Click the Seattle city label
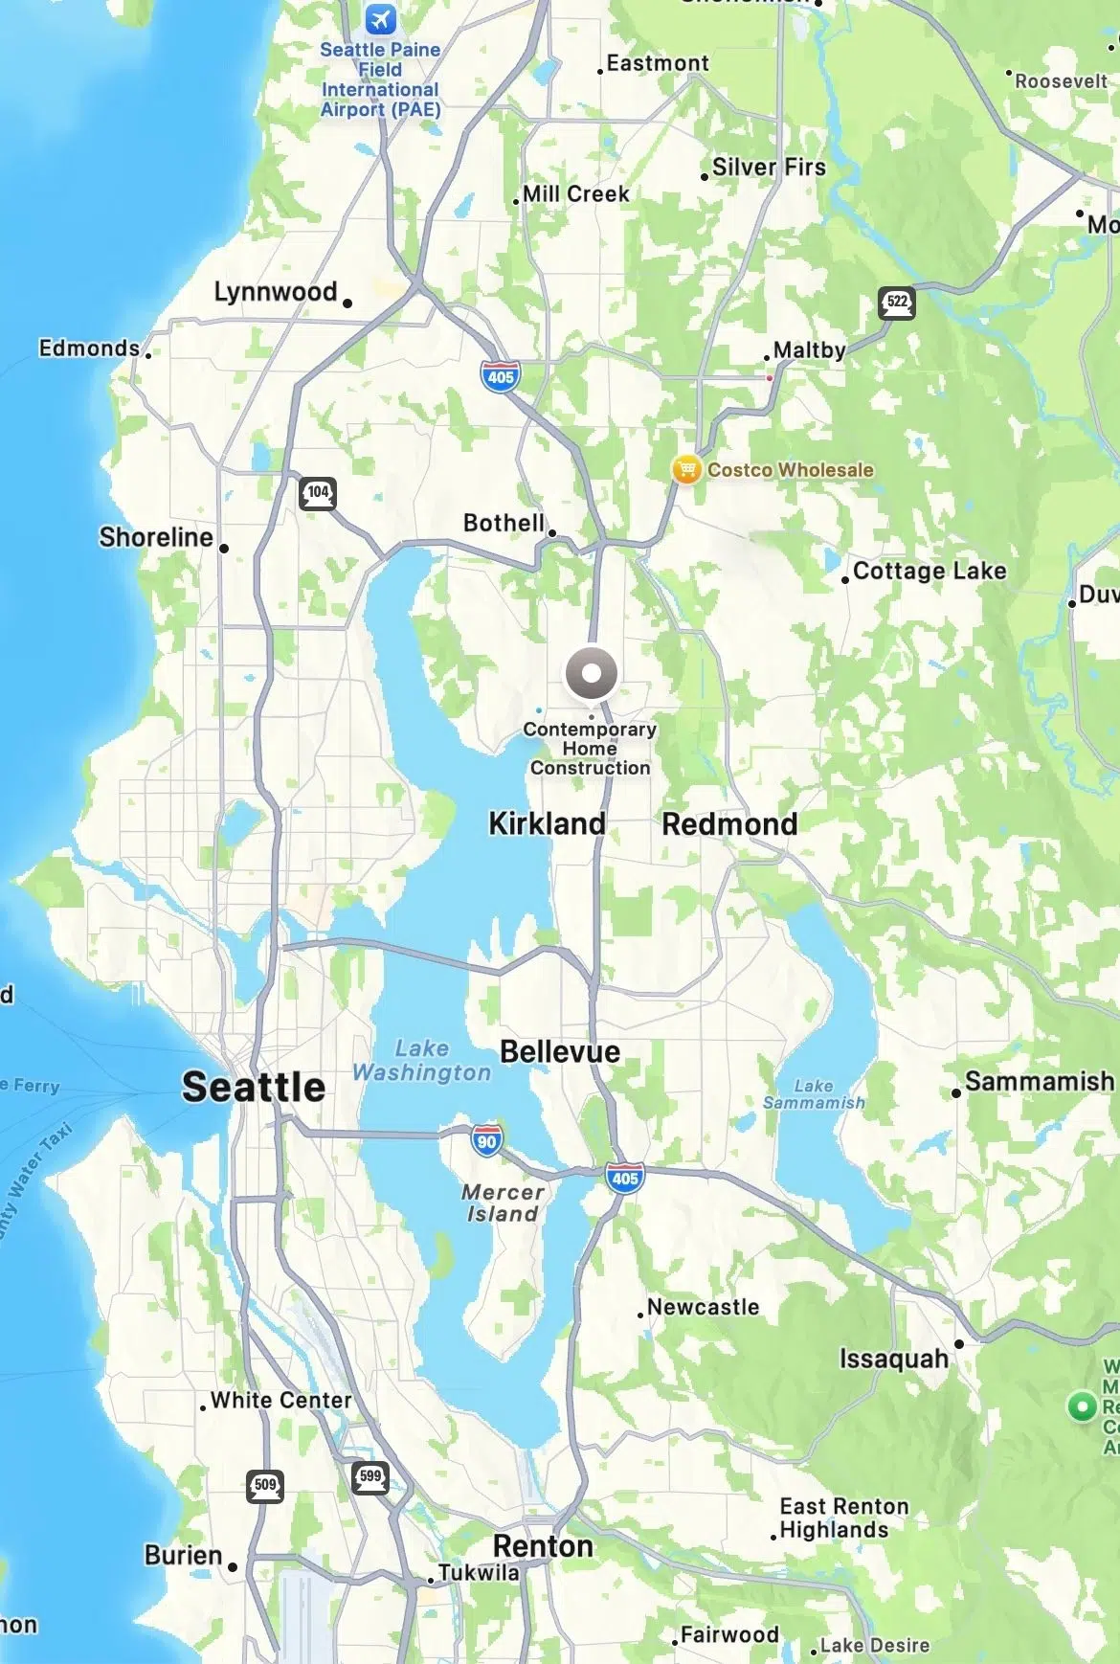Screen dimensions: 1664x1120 click(254, 1087)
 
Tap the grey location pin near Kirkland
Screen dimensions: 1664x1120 click(591, 672)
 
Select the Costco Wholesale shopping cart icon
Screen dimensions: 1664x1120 click(685, 469)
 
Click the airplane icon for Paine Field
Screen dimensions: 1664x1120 click(380, 18)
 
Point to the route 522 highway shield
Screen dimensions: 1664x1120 click(896, 303)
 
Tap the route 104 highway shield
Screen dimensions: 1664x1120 click(318, 493)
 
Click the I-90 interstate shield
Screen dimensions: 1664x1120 click(487, 1140)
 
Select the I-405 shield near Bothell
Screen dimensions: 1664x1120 click(501, 376)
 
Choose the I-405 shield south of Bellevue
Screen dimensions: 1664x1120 click(624, 1179)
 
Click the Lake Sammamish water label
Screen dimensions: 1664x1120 click(814, 1093)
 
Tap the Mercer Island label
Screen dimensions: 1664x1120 click(503, 1203)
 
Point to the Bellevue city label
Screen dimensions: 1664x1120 click(560, 1051)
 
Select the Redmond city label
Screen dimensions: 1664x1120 click(729, 823)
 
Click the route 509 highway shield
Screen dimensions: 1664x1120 click(265, 1486)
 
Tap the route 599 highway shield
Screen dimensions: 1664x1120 click(370, 1476)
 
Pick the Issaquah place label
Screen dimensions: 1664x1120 click(894, 1358)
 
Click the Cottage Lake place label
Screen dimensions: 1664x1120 click(929, 571)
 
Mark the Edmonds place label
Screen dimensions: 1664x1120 click(89, 348)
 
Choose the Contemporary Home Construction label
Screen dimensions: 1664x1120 click(590, 748)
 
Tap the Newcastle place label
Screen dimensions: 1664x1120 click(703, 1307)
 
